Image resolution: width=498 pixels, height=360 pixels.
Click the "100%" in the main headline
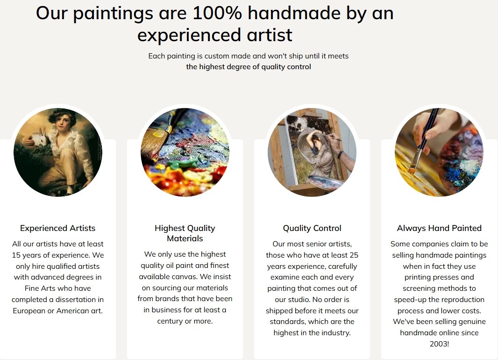(x=217, y=14)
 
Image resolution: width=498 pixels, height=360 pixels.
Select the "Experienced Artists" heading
(x=58, y=228)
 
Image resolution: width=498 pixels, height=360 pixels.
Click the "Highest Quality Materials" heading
(x=185, y=233)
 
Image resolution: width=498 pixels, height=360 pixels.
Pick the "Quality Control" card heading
(x=312, y=228)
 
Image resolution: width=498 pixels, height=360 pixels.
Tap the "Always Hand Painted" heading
(x=439, y=228)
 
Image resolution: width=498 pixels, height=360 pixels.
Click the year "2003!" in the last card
(x=439, y=344)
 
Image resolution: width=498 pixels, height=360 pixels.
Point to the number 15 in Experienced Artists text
(x=16, y=255)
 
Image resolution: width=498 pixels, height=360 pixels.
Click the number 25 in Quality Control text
(x=354, y=255)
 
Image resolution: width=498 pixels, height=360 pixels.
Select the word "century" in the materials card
(x=170, y=321)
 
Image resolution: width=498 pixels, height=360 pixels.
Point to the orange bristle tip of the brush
(x=412, y=170)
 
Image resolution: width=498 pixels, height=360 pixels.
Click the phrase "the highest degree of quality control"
(x=249, y=67)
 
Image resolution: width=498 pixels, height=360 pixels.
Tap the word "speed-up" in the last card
(x=410, y=300)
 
